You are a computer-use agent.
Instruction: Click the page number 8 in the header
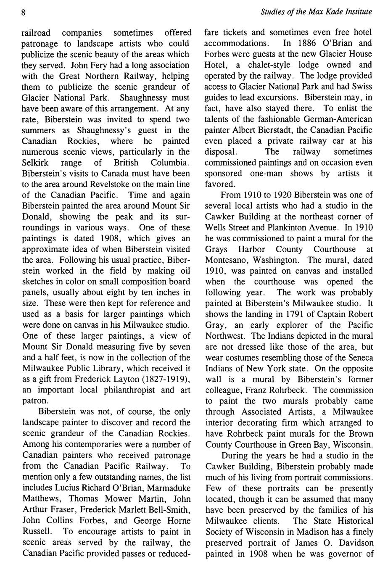click(x=24, y=12)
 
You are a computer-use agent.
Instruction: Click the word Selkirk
click(x=34, y=162)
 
